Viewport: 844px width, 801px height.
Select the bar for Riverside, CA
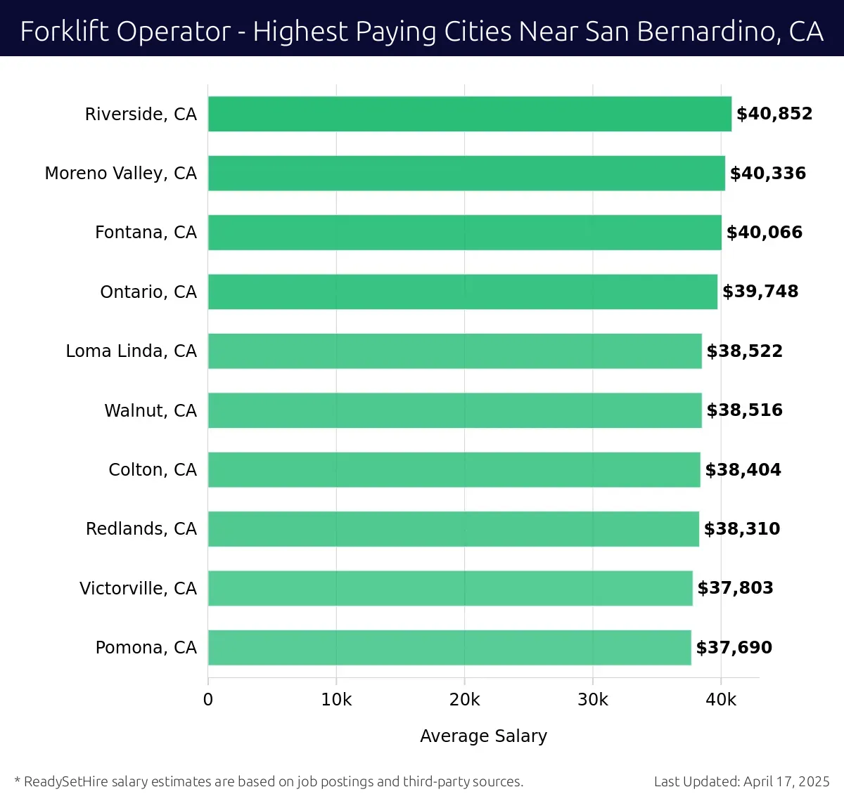[x=470, y=114]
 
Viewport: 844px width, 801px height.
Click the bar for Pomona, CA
[x=449, y=647]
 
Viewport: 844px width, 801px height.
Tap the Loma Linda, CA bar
[x=455, y=351]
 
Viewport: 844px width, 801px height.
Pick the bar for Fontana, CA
[x=465, y=232]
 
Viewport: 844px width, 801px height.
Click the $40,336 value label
[x=768, y=173]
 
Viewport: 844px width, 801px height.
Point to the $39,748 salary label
[x=760, y=292]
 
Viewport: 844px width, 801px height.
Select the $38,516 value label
[x=744, y=410]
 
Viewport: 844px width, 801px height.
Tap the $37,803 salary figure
[x=735, y=588]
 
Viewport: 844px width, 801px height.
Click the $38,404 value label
[x=743, y=469]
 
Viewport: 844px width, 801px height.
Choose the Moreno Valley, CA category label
[x=121, y=173]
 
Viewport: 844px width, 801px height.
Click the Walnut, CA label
[x=151, y=410]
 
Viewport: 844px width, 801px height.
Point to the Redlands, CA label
[x=141, y=528]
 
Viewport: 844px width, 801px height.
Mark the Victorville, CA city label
[x=138, y=588]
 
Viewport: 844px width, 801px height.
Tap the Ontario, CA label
[x=148, y=292]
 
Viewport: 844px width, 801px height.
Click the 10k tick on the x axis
[x=336, y=700]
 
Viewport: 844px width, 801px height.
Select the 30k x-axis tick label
[x=593, y=700]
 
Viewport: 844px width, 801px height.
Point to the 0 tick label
[x=208, y=700]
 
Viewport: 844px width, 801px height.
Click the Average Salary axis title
[x=483, y=736]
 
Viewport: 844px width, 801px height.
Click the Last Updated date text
[x=741, y=781]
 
